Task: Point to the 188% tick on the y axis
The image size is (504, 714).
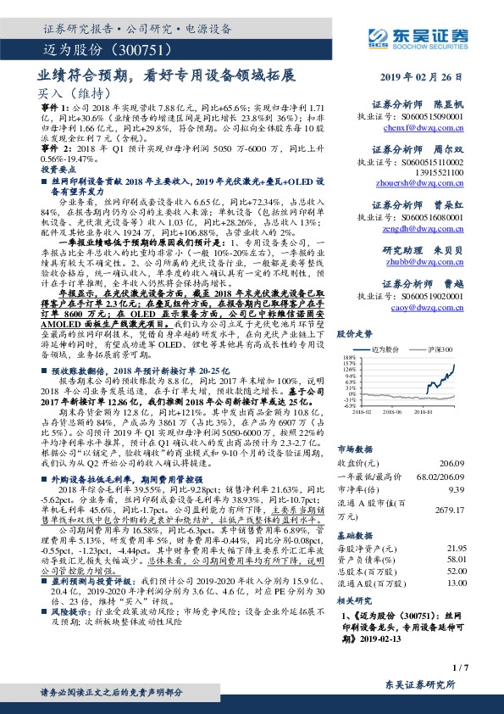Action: point(349,359)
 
